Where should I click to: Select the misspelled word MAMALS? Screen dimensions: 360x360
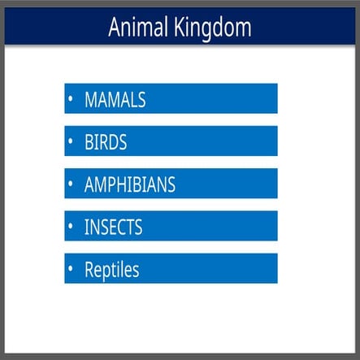coord(115,99)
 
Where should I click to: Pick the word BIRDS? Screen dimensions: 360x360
coord(106,142)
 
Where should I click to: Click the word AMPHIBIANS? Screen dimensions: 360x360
coord(129,184)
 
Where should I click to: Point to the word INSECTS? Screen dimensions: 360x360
coord(113,228)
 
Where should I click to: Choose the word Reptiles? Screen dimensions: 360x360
coord(111,270)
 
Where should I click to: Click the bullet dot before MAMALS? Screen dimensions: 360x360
coord(72,99)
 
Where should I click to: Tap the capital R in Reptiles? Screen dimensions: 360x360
coord(89,270)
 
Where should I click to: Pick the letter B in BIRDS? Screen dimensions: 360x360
coord(89,142)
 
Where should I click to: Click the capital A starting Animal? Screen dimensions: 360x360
coord(115,28)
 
